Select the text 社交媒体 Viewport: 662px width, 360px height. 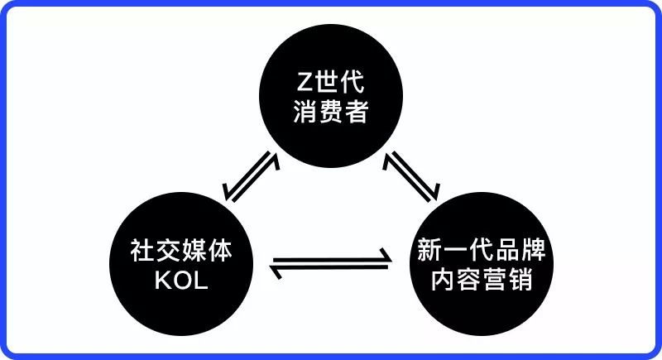point(181,251)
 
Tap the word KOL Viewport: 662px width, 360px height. point(181,281)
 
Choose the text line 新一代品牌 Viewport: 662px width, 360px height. point(481,251)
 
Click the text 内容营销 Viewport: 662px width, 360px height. point(481,281)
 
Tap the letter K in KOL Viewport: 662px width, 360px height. point(162,281)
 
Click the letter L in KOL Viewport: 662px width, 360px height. point(201,281)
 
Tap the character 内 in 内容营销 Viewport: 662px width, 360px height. point(443,281)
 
